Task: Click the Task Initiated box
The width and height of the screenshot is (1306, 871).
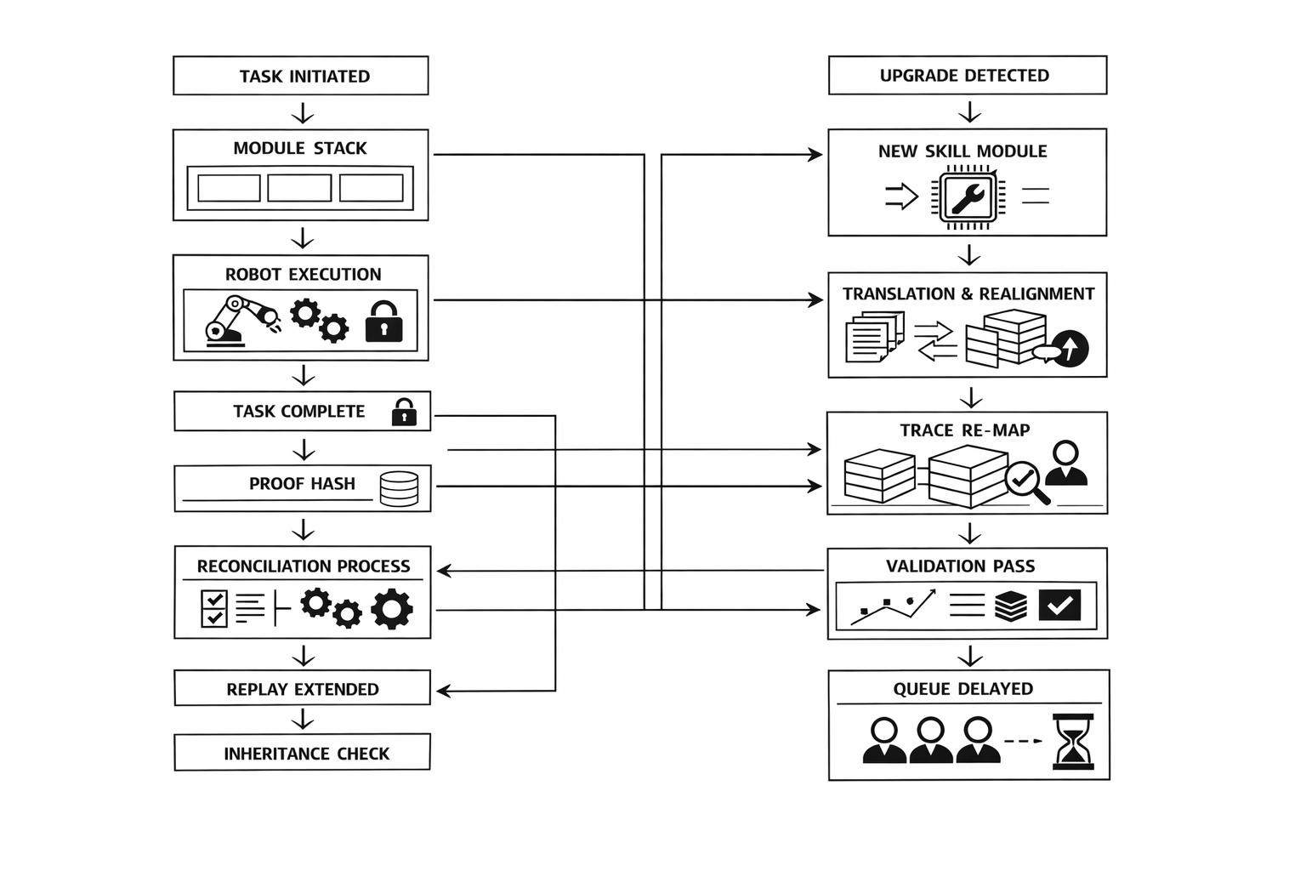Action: point(301,76)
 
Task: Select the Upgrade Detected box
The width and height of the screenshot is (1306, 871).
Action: point(968,75)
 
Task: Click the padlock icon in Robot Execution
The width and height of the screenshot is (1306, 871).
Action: point(383,322)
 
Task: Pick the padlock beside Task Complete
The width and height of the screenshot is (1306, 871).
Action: point(404,412)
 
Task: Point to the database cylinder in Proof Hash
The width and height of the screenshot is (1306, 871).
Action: point(399,489)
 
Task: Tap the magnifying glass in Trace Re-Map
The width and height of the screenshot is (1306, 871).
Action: point(1025,482)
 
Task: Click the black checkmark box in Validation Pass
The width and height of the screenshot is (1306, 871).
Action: point(1059,605)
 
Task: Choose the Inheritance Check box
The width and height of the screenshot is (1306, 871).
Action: point(302,753)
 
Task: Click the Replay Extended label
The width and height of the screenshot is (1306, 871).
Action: point(302,689)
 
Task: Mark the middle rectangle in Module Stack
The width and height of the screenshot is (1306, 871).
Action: point(299,188)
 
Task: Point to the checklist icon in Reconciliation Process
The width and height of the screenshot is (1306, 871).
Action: point(213,609)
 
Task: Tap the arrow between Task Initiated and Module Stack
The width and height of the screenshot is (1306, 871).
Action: point(303,113)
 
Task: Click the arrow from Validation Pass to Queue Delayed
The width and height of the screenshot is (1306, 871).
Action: point(969,656)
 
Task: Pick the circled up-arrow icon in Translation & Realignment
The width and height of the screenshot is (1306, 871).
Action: point(1070,347)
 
